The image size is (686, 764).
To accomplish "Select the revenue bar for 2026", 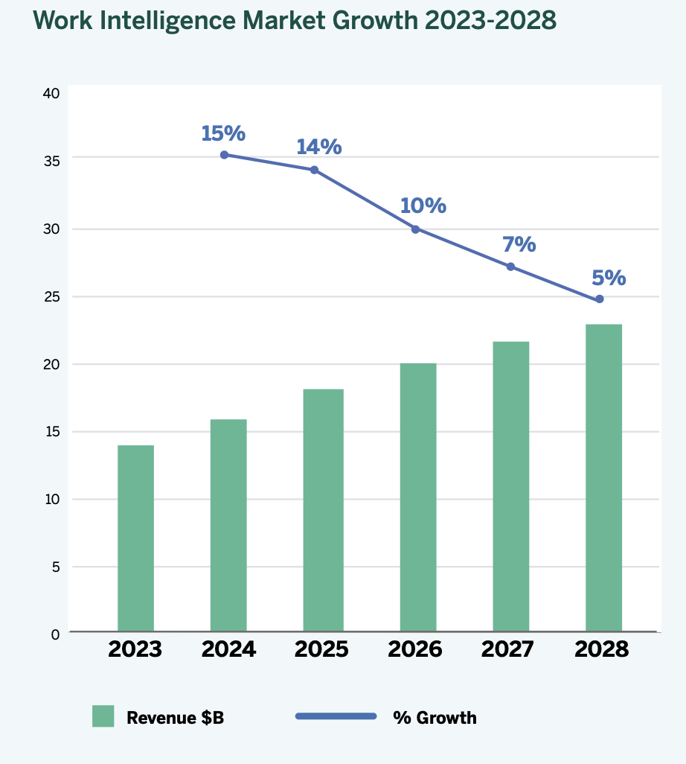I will (x=418, y=497).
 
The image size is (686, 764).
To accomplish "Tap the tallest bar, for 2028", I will (x=603, y=477).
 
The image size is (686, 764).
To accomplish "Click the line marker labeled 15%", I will (x=224, y=155).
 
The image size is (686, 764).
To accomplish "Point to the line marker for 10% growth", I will (x=415, y=229).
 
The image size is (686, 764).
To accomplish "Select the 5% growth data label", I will (x=609, y=278).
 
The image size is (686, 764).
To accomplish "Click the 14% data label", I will (x=318, y=147).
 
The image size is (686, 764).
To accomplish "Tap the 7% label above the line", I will (x=519, y=243).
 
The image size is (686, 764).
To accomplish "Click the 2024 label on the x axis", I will (x=228, y=649).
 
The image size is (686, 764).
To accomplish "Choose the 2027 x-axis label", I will (x=507, y=649).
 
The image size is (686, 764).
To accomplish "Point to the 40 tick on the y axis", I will (x=51, y=94).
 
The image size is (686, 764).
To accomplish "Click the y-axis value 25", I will (x=51, y=297).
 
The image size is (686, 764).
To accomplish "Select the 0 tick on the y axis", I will (x=55, y=634).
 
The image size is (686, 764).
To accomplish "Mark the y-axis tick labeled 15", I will (x=51, y=432).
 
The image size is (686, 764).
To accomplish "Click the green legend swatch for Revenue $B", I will (x=103, y=716).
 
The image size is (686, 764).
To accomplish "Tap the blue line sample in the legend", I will (x=336, y=716).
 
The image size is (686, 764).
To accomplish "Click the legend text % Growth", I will (x=435, y=718).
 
